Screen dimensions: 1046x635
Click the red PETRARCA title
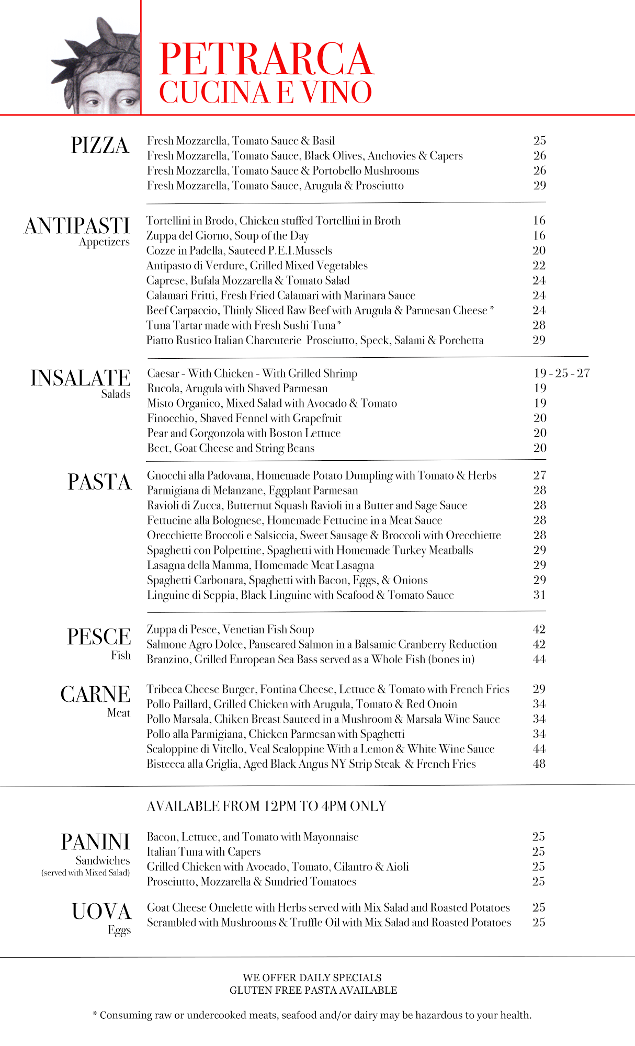tap(266, 59)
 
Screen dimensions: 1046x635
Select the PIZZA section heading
tap(100, 145)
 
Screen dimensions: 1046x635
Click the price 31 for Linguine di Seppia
tap(539, 595)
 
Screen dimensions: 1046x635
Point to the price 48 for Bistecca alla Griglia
tap(539, 764)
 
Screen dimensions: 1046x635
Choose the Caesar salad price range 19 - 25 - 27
tap(562, 373)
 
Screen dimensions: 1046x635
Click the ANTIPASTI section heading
tap(77, 226)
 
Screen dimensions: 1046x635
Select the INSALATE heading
tap(81, 378)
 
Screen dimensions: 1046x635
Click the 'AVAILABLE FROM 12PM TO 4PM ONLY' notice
tap(266, 806)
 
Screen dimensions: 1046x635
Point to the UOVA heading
tap(101, 912)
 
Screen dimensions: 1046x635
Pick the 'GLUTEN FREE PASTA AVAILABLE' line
tap(313, 990)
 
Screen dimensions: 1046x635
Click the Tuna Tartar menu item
tap(244, 325)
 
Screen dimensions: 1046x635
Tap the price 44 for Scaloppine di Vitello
tap(539, 749)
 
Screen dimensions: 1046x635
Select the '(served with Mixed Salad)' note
tap(86, 873)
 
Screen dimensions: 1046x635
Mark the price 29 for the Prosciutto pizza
tap(540, 186)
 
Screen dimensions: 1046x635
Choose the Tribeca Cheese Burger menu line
tap(327, 689)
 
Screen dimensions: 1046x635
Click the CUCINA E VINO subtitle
tap(265, 93)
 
